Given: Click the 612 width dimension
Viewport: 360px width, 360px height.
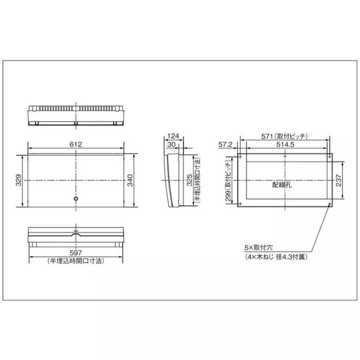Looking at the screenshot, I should (x=75, y=144).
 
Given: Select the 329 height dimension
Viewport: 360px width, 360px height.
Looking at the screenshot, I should (x=18, y=180).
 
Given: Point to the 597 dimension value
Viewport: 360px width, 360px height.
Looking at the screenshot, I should (x=75, y=254).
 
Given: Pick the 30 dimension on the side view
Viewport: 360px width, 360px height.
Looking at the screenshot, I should (x=171, y=144).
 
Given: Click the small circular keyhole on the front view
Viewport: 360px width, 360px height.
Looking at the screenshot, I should (x=76, y=199).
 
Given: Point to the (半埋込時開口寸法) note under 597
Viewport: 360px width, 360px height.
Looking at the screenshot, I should (x=76, y=261).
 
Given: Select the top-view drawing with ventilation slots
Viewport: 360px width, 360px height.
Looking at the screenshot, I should (x=76, y=115).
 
